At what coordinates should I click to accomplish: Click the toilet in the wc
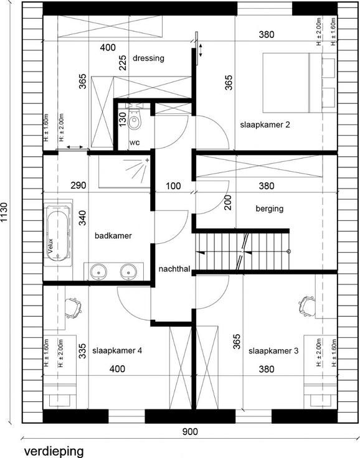135,119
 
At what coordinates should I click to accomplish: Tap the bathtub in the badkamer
58,233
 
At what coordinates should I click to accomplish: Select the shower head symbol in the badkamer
138,169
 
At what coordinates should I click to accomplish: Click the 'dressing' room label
148,58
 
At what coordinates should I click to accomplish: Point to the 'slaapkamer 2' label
265,124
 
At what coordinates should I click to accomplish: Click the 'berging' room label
270,208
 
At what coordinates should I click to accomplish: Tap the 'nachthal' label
174,269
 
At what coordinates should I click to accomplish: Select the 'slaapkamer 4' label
117,350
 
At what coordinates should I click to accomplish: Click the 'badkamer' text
113,235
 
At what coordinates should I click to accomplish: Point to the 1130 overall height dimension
5,212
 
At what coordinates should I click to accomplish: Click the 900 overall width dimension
190,431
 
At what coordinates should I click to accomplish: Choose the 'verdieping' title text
54,451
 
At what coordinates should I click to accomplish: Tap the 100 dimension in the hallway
173,186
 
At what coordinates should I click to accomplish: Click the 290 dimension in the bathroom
78,185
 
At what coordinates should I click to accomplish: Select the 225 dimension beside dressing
123,62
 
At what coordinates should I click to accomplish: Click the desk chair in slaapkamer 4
73,308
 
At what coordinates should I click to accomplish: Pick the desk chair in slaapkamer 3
307,306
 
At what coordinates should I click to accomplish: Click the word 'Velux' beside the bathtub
50,246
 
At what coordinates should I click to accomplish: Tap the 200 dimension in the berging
228,202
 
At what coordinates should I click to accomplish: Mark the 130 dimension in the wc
123,119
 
